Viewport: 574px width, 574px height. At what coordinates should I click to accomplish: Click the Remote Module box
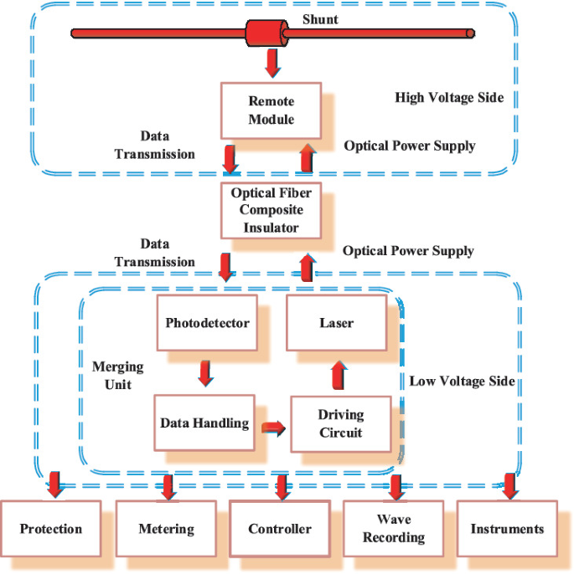click(x=271, y=110)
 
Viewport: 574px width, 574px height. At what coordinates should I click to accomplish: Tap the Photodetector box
click(x=207, y=323)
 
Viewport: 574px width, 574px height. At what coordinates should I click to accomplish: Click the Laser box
click(x=336, y=323)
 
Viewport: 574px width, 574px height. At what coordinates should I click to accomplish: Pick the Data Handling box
click(x=204, y=423)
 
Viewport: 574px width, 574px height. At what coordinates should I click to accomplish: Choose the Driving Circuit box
click(x=339, y=424)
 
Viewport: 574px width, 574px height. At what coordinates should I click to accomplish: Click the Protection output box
click(x=51, y=529)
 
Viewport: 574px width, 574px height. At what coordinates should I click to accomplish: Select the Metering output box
click(x=166, y=529)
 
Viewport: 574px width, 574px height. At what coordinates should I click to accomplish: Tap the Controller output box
click(x=280, y=529)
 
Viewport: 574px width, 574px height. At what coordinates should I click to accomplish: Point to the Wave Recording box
click(x=393, y=529)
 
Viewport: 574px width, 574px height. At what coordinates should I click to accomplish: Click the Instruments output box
click(x=507, y=529)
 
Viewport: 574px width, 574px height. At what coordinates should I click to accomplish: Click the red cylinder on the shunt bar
click(x=264, y=33)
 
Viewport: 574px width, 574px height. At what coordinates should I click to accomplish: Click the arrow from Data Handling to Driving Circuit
click(x=272, y=428)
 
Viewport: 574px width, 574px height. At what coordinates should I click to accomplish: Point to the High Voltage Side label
click(x=449, y=98)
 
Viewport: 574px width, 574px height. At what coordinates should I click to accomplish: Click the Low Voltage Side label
click(x=462, y=382)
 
